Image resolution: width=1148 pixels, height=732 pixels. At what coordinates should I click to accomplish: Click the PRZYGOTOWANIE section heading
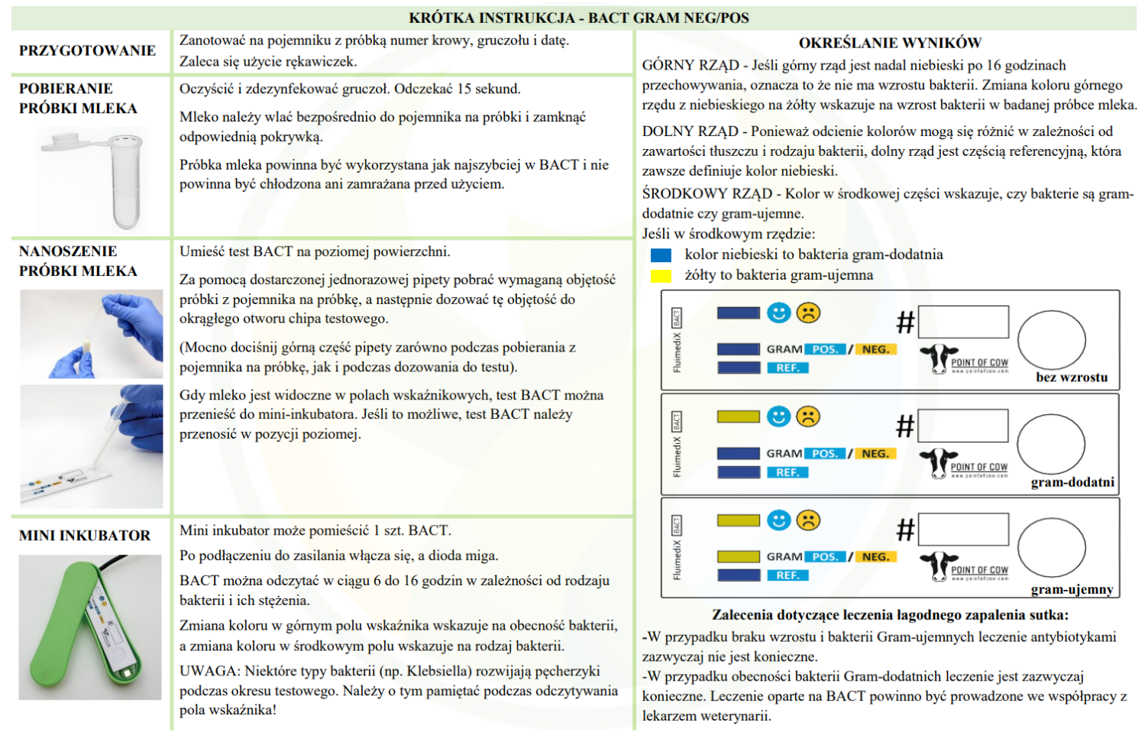click(87, 50)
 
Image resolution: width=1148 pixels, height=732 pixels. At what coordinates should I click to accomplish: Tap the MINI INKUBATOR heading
click(85, 536)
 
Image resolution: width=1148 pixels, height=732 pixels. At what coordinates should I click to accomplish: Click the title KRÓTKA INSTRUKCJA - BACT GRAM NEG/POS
click(578, 18)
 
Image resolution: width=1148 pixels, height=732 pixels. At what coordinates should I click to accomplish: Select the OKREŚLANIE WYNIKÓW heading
click(890, 43)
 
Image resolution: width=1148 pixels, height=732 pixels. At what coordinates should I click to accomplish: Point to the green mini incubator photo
click(90, 627)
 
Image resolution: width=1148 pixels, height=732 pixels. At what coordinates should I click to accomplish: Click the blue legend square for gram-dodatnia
click(661, 255)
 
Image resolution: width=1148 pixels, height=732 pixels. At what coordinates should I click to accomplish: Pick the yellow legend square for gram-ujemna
click(661, 276)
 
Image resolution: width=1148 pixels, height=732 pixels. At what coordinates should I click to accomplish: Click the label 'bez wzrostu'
click(1071, 377)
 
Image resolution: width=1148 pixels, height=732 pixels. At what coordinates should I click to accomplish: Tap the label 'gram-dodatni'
click(1072, 482)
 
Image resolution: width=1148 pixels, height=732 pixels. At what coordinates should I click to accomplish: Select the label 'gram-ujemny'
click(1072, 589)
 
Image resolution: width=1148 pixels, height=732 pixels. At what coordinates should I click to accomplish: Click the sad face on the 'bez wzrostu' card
click(808, 313)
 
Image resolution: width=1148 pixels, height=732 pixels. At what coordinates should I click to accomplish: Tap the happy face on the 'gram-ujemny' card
click(778, 520)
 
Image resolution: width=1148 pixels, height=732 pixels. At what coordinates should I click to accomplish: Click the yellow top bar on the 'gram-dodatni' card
click(738, 416)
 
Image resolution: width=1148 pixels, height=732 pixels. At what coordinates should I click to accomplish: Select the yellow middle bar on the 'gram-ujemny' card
click(738, 556)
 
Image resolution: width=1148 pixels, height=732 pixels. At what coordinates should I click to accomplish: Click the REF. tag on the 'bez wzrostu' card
click(787, 368)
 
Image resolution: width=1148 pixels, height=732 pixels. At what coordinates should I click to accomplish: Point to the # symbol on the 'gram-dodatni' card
click(905, 426)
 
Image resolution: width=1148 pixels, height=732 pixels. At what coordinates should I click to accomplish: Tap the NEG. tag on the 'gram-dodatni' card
click(875, 453)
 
